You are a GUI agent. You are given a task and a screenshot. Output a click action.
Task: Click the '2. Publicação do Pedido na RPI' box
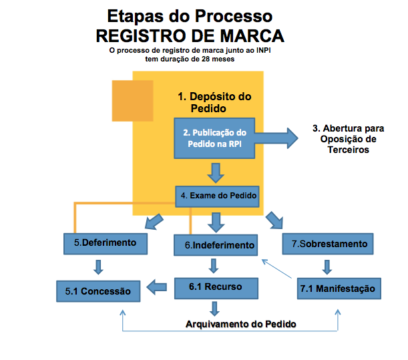point(215,138)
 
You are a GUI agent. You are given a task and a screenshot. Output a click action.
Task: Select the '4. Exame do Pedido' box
point(217,196)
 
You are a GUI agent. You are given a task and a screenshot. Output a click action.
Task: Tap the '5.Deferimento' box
point(105,243)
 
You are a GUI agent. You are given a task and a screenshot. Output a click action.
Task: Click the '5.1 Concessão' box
point(98,291)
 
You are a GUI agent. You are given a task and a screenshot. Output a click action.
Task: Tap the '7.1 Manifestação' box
point(337,289)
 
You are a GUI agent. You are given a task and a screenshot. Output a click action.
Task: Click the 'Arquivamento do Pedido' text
point(240,324)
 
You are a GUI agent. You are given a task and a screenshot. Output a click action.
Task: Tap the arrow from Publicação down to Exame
point(215,172)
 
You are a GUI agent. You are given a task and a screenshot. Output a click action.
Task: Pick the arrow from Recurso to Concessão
point(158,288)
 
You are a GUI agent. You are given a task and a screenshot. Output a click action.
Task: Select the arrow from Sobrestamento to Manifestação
point(327,266)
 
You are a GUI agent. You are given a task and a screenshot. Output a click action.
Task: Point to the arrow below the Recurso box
point(215,308)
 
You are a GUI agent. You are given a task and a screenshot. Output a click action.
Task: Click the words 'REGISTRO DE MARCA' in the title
point(190,35)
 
